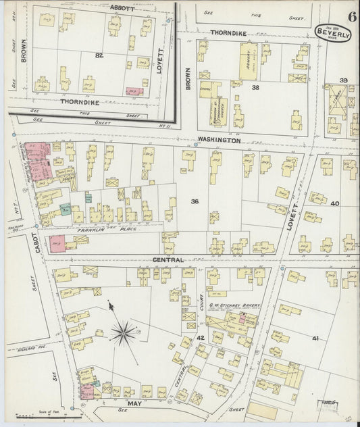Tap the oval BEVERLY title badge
point(332,33)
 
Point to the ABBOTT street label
point(123,9)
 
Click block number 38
point(255,88)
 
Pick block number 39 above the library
point(342,81)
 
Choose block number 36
point(195,201)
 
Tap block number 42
point(200,337)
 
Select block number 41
point(315,337)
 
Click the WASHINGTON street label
point(219,141)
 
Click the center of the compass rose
point(124,332)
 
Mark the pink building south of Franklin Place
point(57,244)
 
